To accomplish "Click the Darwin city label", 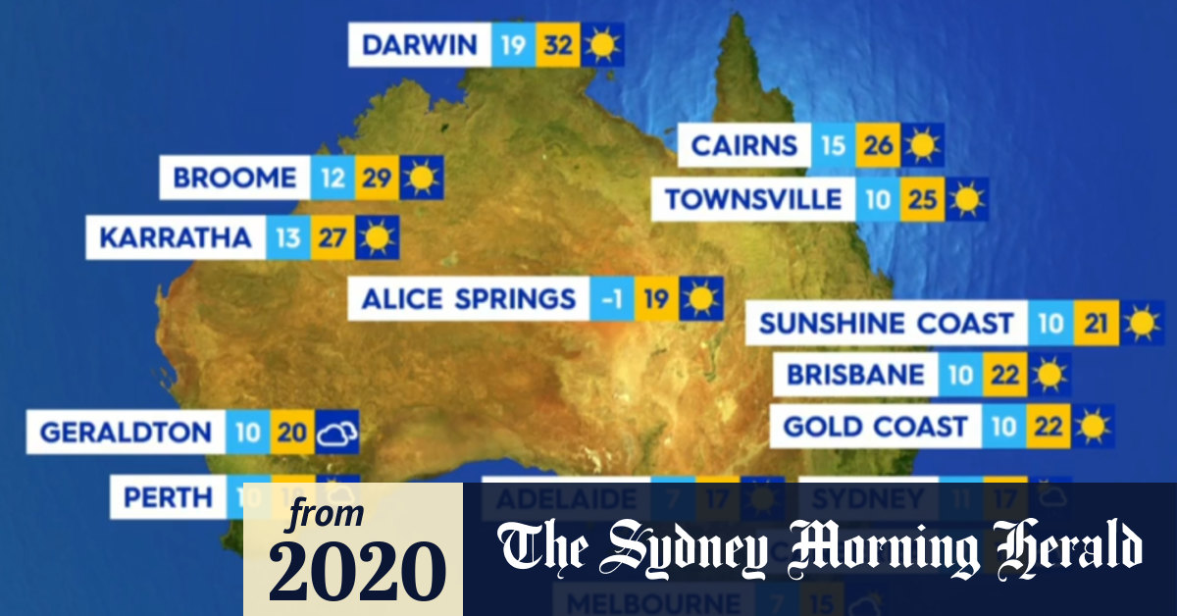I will pos(420,45).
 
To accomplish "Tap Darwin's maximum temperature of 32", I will pos(557,45).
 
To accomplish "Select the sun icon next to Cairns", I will pos(922,146).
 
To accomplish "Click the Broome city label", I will pos(234,179).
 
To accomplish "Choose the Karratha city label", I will pos(176,237).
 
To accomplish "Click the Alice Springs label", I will pos(469,298).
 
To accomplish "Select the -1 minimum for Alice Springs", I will pos(612,298).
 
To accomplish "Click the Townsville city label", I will pos(753,200).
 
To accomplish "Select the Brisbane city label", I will pos(855,375).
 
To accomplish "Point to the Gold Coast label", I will pos(875,427).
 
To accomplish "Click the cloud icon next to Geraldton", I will pos(337,432).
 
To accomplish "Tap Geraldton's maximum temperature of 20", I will pos(291,432).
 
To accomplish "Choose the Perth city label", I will pos(168,497).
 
